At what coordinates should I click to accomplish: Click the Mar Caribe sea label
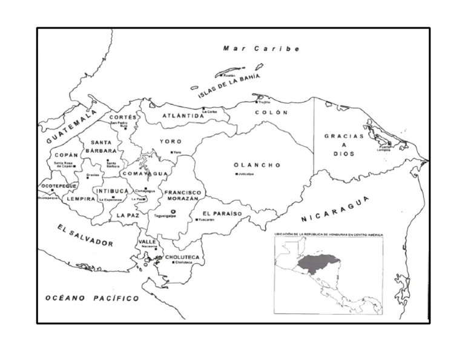point(261,48)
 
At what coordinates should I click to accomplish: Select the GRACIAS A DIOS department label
point(344,145)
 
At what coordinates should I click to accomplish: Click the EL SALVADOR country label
point(85,235)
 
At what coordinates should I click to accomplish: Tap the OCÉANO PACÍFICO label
point(92,298)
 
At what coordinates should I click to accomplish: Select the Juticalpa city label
point(245,175)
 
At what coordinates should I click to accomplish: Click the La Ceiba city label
point(209,112)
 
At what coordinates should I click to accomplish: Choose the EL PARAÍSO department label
point(222,213)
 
